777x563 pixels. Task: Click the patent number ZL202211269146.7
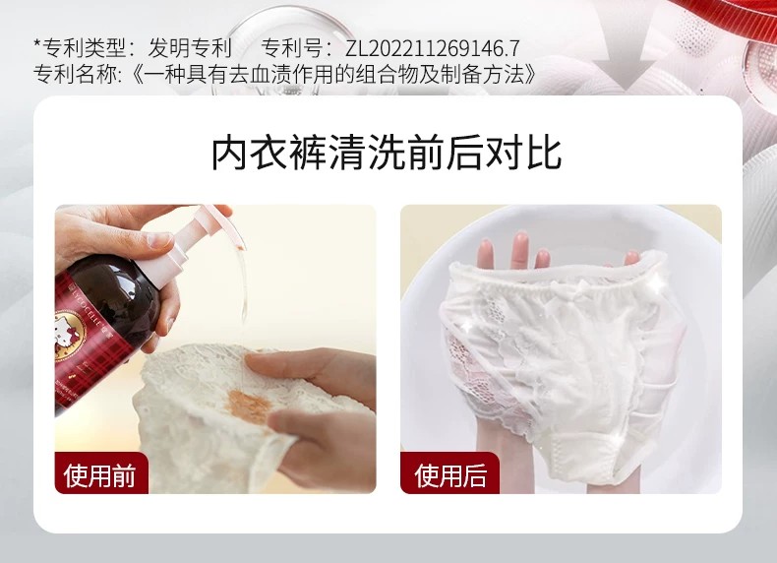point(432,48)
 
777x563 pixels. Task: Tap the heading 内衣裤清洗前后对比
point(387,154)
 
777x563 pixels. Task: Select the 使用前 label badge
point(101,473)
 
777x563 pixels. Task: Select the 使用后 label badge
point(449,473)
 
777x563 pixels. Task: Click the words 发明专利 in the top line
point(190,48)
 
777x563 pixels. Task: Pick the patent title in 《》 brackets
point(334,75)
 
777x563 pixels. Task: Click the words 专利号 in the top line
point(292,48)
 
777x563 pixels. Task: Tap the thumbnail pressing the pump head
point(160,239)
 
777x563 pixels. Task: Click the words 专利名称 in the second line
point(75,75)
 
